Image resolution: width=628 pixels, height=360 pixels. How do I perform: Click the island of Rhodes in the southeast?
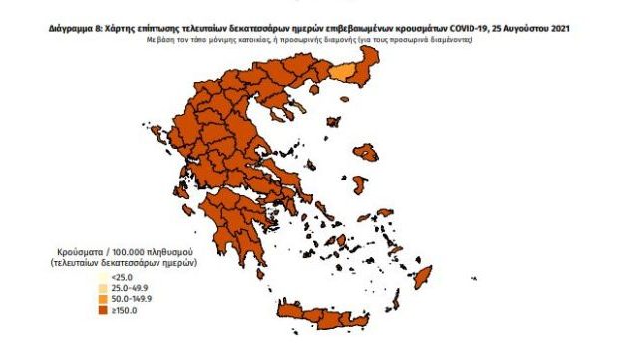pos(423,274)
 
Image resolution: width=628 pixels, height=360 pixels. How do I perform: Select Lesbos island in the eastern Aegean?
pos(366,153)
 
